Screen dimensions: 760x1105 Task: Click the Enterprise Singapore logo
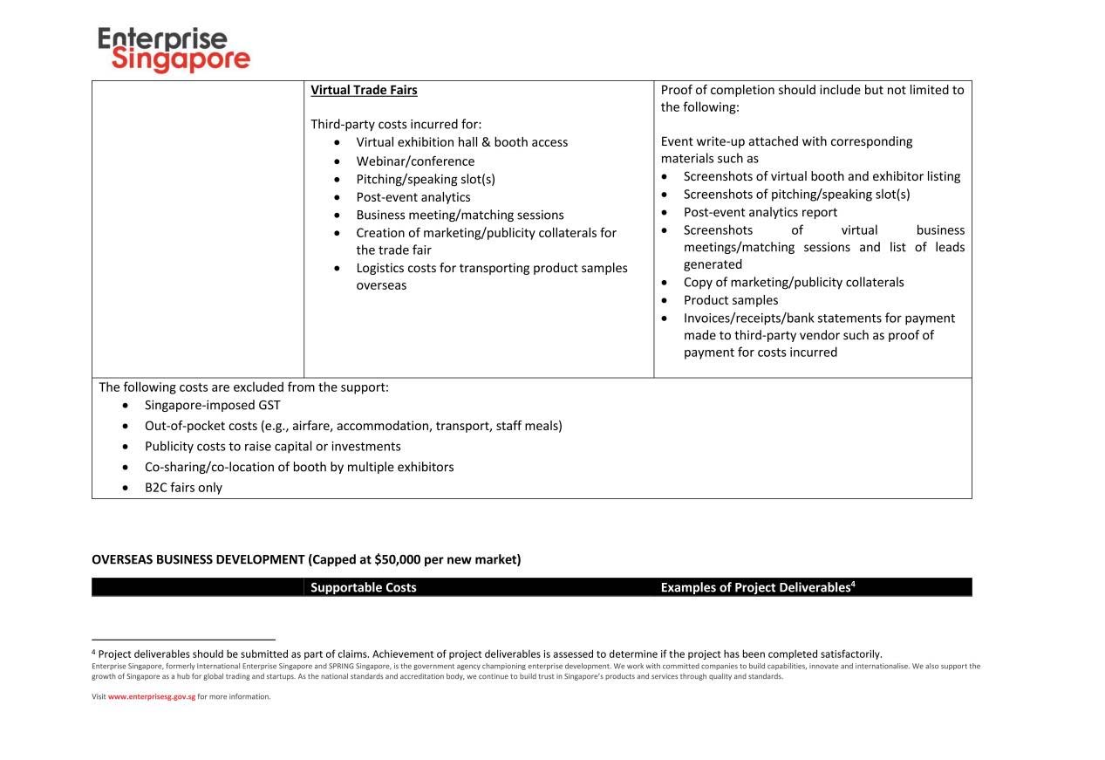click(174, 50)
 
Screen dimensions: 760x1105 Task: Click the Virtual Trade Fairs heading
click(364, 90)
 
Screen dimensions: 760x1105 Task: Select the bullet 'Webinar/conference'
click(415, 161)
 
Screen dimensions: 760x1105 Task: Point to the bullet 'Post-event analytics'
click(413, 197)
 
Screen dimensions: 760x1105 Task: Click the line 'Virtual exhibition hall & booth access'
click(461, 142)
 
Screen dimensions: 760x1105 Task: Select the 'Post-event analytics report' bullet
click(760, 212)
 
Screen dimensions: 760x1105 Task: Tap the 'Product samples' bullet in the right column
click(730, 300)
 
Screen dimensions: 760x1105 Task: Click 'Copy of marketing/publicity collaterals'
click(793, 282)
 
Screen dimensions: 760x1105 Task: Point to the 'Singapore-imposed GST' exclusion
click(212, 405)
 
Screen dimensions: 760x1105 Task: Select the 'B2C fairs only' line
click(183, 488)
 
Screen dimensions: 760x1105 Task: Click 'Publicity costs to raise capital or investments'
click(272, 447)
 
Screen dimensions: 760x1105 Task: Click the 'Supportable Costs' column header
click(363, 587)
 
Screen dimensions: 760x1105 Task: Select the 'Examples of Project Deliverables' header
click(754, 587)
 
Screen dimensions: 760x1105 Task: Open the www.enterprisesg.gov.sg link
click(151, 696)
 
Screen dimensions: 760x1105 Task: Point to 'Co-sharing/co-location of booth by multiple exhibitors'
click(299, 467)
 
